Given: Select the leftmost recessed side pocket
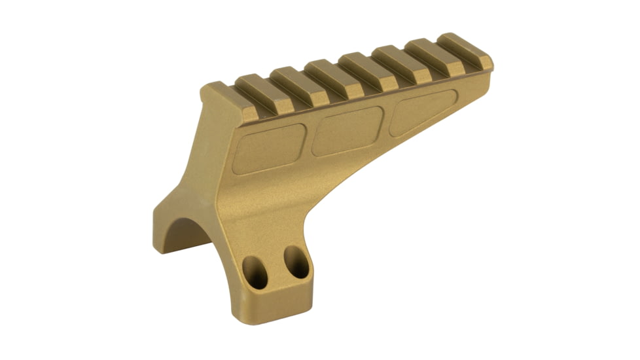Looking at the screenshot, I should [269, 149].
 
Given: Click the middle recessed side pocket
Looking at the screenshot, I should [347, 130].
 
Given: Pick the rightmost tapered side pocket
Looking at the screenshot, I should [422, 112].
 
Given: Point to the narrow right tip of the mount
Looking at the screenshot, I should [488, 65].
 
